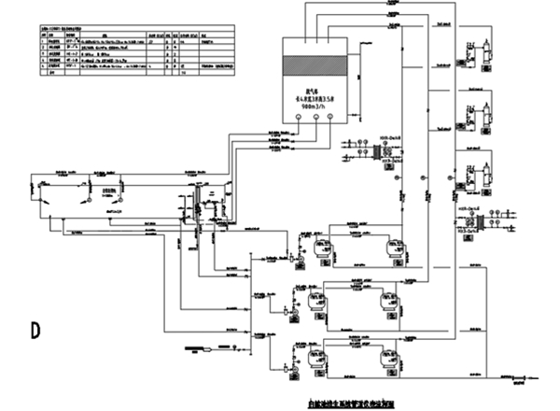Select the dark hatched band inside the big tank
[x=321, y=66]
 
